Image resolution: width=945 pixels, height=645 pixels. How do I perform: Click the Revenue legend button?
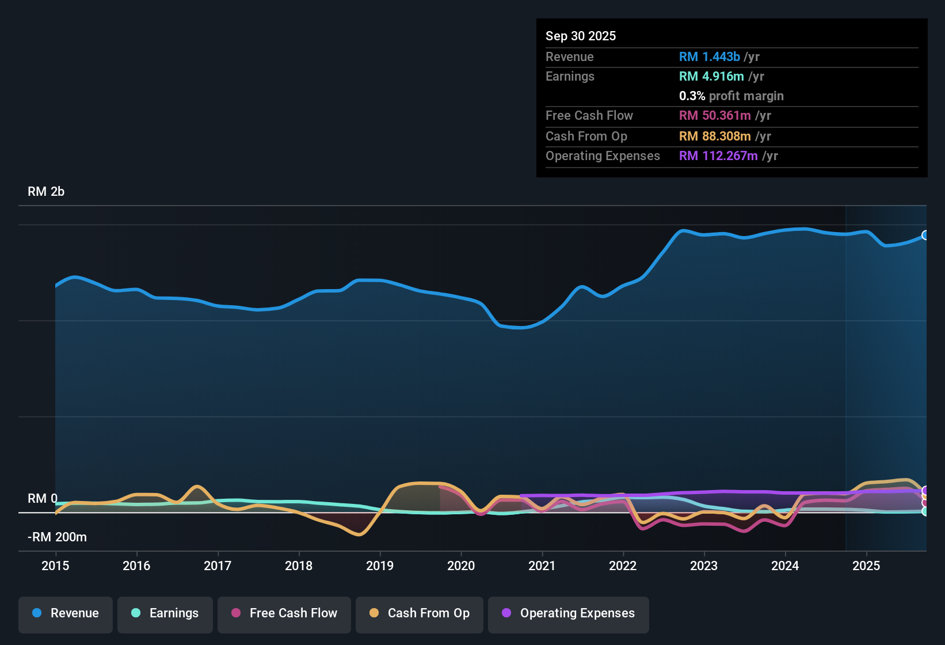click(x=66, y=613)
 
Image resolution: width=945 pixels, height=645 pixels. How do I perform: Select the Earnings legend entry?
click(x=165, y=613)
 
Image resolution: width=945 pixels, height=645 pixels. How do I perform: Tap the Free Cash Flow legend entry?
click(x=284, y=613)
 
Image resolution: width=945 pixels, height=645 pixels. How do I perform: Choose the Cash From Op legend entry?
click(x=420, y=613)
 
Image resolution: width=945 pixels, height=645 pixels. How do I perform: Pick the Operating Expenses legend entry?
click(x=569, y=613)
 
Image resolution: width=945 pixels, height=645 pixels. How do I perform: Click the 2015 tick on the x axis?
click(x=55, y=566)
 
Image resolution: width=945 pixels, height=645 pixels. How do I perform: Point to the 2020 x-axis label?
click(x=461, y=566)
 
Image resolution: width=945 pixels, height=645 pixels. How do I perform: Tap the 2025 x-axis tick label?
click(x=866, y=566)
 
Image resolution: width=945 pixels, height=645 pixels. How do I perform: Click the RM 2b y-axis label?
click(x=46, y=192)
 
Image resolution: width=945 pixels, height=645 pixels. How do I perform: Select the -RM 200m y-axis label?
click(x=57, y=537)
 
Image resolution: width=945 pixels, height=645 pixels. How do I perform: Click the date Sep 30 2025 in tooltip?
click(x=581, y=36)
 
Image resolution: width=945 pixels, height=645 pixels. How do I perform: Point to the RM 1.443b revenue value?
click(x=709, y=57)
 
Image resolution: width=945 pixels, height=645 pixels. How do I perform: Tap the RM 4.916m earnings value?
click(x=711, y=77)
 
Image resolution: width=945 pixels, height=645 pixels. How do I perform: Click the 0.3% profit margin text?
click(x=731, y=96)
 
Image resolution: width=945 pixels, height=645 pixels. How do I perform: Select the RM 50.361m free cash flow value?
click(x=715, y=116)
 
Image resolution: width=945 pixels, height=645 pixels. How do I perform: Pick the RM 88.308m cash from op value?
click(x=715, y=136)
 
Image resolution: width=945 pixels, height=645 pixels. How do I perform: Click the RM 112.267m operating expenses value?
click(x=718, y=156)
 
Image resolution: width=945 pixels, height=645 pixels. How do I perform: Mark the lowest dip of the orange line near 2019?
click(x=359, y=534)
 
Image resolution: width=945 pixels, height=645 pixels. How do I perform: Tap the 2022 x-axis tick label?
click(x=623, y=566)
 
